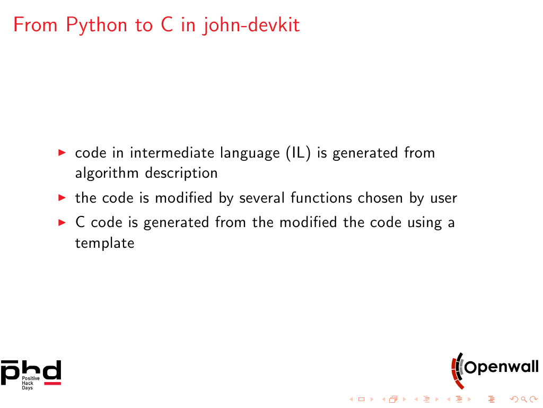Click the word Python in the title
pyautogui.click(x=97, y=25)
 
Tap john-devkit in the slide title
pyautogui.click(x=251, y=25)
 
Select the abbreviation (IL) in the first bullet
pyautogui.click(x=298, y=153)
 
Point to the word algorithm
pyautogui.click(x=107, y=173)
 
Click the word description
pyautogui.click(x=181, y=173)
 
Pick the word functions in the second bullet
pyautogui.click(x=321, y=198)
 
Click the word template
pyautogui.click(x=104, y=243)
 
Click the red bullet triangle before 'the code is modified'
pyautogui.click(x=62, y=198)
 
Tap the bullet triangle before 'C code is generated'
pyautogui.click(x=62, y=222)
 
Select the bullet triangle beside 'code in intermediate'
pyautogui.click(x=62, y=152)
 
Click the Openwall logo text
pyautogui.click(x=501, y=367)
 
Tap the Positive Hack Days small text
pyautogui.click(x=30, y=383)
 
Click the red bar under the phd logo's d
pyautogui.click(x=52, y=384)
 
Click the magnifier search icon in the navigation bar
pyautogui.click(x=524, y=400)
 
